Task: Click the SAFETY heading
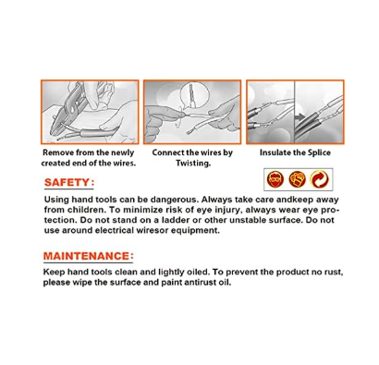[69, 182]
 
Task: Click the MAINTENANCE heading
[88, 256]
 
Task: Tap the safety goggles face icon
[275, 179]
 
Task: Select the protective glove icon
[298, 179]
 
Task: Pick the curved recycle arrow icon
[319, 179]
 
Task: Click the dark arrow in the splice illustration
[299, 116]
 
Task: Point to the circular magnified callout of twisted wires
[191, 95]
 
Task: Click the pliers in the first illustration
[67, 108]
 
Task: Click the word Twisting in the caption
[193, 164]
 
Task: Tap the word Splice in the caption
[320, 153]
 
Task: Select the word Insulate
[273, 152]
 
